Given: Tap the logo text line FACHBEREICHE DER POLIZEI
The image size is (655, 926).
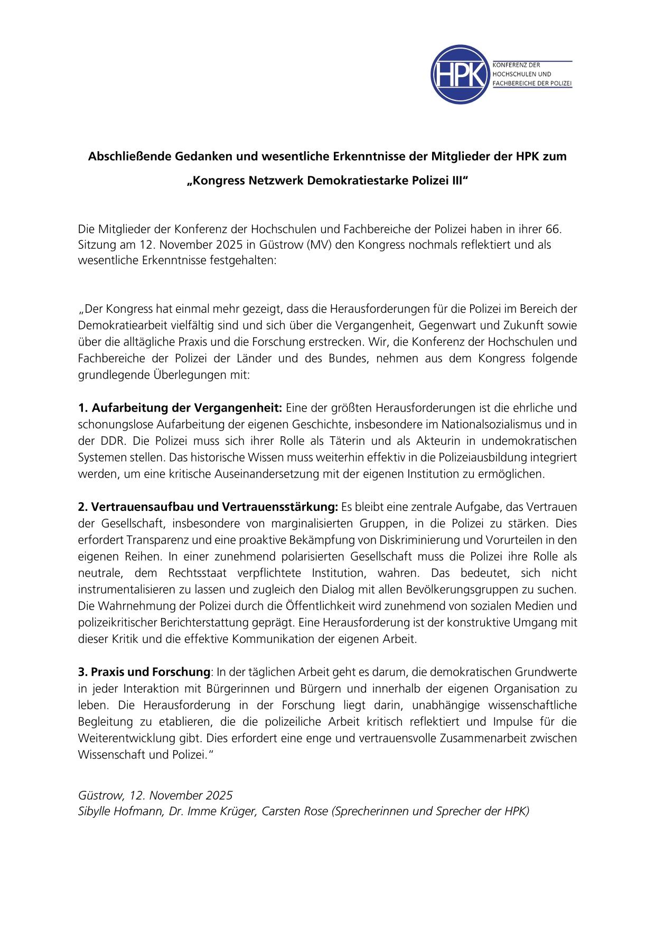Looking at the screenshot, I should (x=532, y=83).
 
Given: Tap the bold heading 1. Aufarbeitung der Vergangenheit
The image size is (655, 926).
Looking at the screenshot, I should (x=180, y=408).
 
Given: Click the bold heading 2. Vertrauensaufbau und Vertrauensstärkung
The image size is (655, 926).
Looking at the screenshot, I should (x=208, y=507).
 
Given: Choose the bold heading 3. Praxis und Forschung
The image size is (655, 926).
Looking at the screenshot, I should (x=144, y=672).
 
